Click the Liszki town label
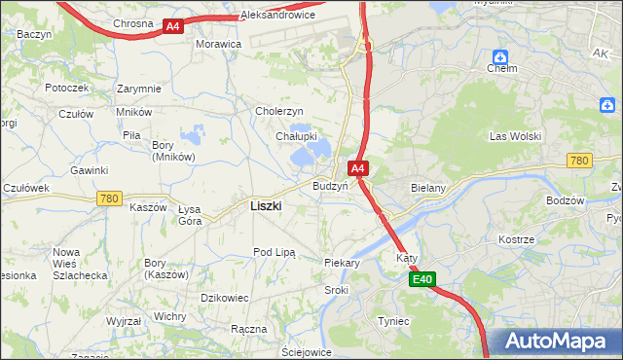coord(266,206)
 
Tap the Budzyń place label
coord(330,186)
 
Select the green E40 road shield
coord(421,280)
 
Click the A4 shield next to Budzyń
coord(358,168)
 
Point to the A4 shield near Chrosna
coord(172,26)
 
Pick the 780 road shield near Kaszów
coord(109,198)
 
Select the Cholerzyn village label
coord(280,111)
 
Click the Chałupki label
coord(295,136)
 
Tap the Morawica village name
coord(218,45)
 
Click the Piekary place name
coord(342,263)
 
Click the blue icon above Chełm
coord(500,56)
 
